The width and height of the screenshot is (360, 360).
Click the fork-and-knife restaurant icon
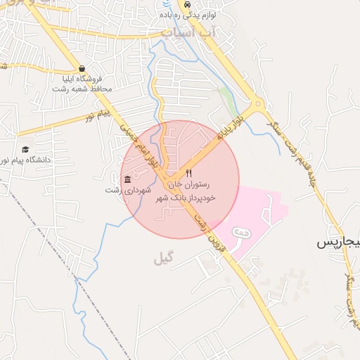pos(188,173)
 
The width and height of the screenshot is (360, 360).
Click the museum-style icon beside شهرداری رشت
pos(127,179)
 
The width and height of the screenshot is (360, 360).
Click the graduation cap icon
pos(26,149)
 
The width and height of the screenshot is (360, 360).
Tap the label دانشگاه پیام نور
pos(27,160)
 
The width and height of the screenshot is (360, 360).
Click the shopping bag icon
pos(82,69)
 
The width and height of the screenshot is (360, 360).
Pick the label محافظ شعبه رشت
pos(82,89)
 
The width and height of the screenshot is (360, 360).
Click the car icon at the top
pos(187,4)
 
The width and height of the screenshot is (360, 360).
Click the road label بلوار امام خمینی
pos(138,145)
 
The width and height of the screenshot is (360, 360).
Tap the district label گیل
pos(163,259)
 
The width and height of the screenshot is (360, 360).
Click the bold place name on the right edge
pos(337,243)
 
